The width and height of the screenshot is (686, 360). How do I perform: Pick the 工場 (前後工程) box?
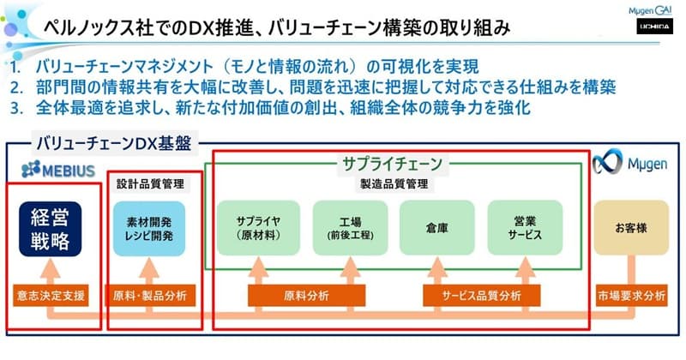coord(348,227)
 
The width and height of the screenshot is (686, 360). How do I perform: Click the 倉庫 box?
coord(436,227)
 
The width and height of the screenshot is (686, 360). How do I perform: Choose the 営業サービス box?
coord(525,227)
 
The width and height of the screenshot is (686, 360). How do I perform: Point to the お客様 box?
coord(631,227)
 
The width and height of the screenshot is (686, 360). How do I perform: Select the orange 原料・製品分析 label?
coord(149,297)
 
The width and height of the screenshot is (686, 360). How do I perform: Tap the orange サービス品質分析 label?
coord(481,297)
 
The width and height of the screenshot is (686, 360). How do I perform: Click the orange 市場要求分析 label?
coord(631,297)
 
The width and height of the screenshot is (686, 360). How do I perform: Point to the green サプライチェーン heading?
coord(392,163)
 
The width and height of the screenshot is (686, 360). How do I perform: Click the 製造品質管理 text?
coord(392,183)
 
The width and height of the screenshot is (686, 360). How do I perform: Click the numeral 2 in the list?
coord(16,88)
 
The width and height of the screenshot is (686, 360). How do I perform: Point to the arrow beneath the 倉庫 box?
coord(436,269)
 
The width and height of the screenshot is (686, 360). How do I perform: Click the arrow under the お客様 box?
coord(631,269)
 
